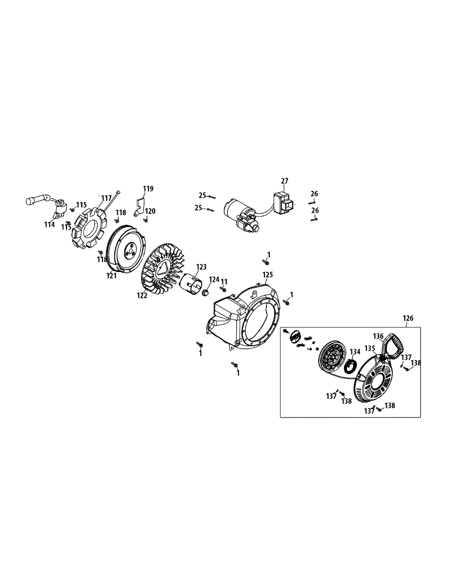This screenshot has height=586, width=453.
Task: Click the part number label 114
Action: (x=49, y=225)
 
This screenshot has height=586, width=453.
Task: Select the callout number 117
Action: (x=107, y=198)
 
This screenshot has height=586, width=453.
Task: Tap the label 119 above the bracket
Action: (x=148, y=188)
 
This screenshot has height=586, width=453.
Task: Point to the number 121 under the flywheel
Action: (x=112, y=276)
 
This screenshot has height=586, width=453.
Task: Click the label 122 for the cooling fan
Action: (x=142, y=295)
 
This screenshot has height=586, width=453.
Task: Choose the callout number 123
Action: (x=201, y=267)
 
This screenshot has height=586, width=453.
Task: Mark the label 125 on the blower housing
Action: (x=267, y=275)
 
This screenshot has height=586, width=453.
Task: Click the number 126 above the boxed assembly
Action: (x=408, y=318)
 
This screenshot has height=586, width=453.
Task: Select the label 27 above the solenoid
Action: (x=284, y=181)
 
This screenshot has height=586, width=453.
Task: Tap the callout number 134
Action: (x=355, y=351)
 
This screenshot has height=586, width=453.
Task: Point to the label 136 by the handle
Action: (x=378, y=336)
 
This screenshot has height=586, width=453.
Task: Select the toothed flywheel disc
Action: (x=126, y=249)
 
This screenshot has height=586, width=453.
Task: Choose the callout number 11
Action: (x=224, y=282)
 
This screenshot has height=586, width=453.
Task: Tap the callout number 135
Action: (x=369, y=348)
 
